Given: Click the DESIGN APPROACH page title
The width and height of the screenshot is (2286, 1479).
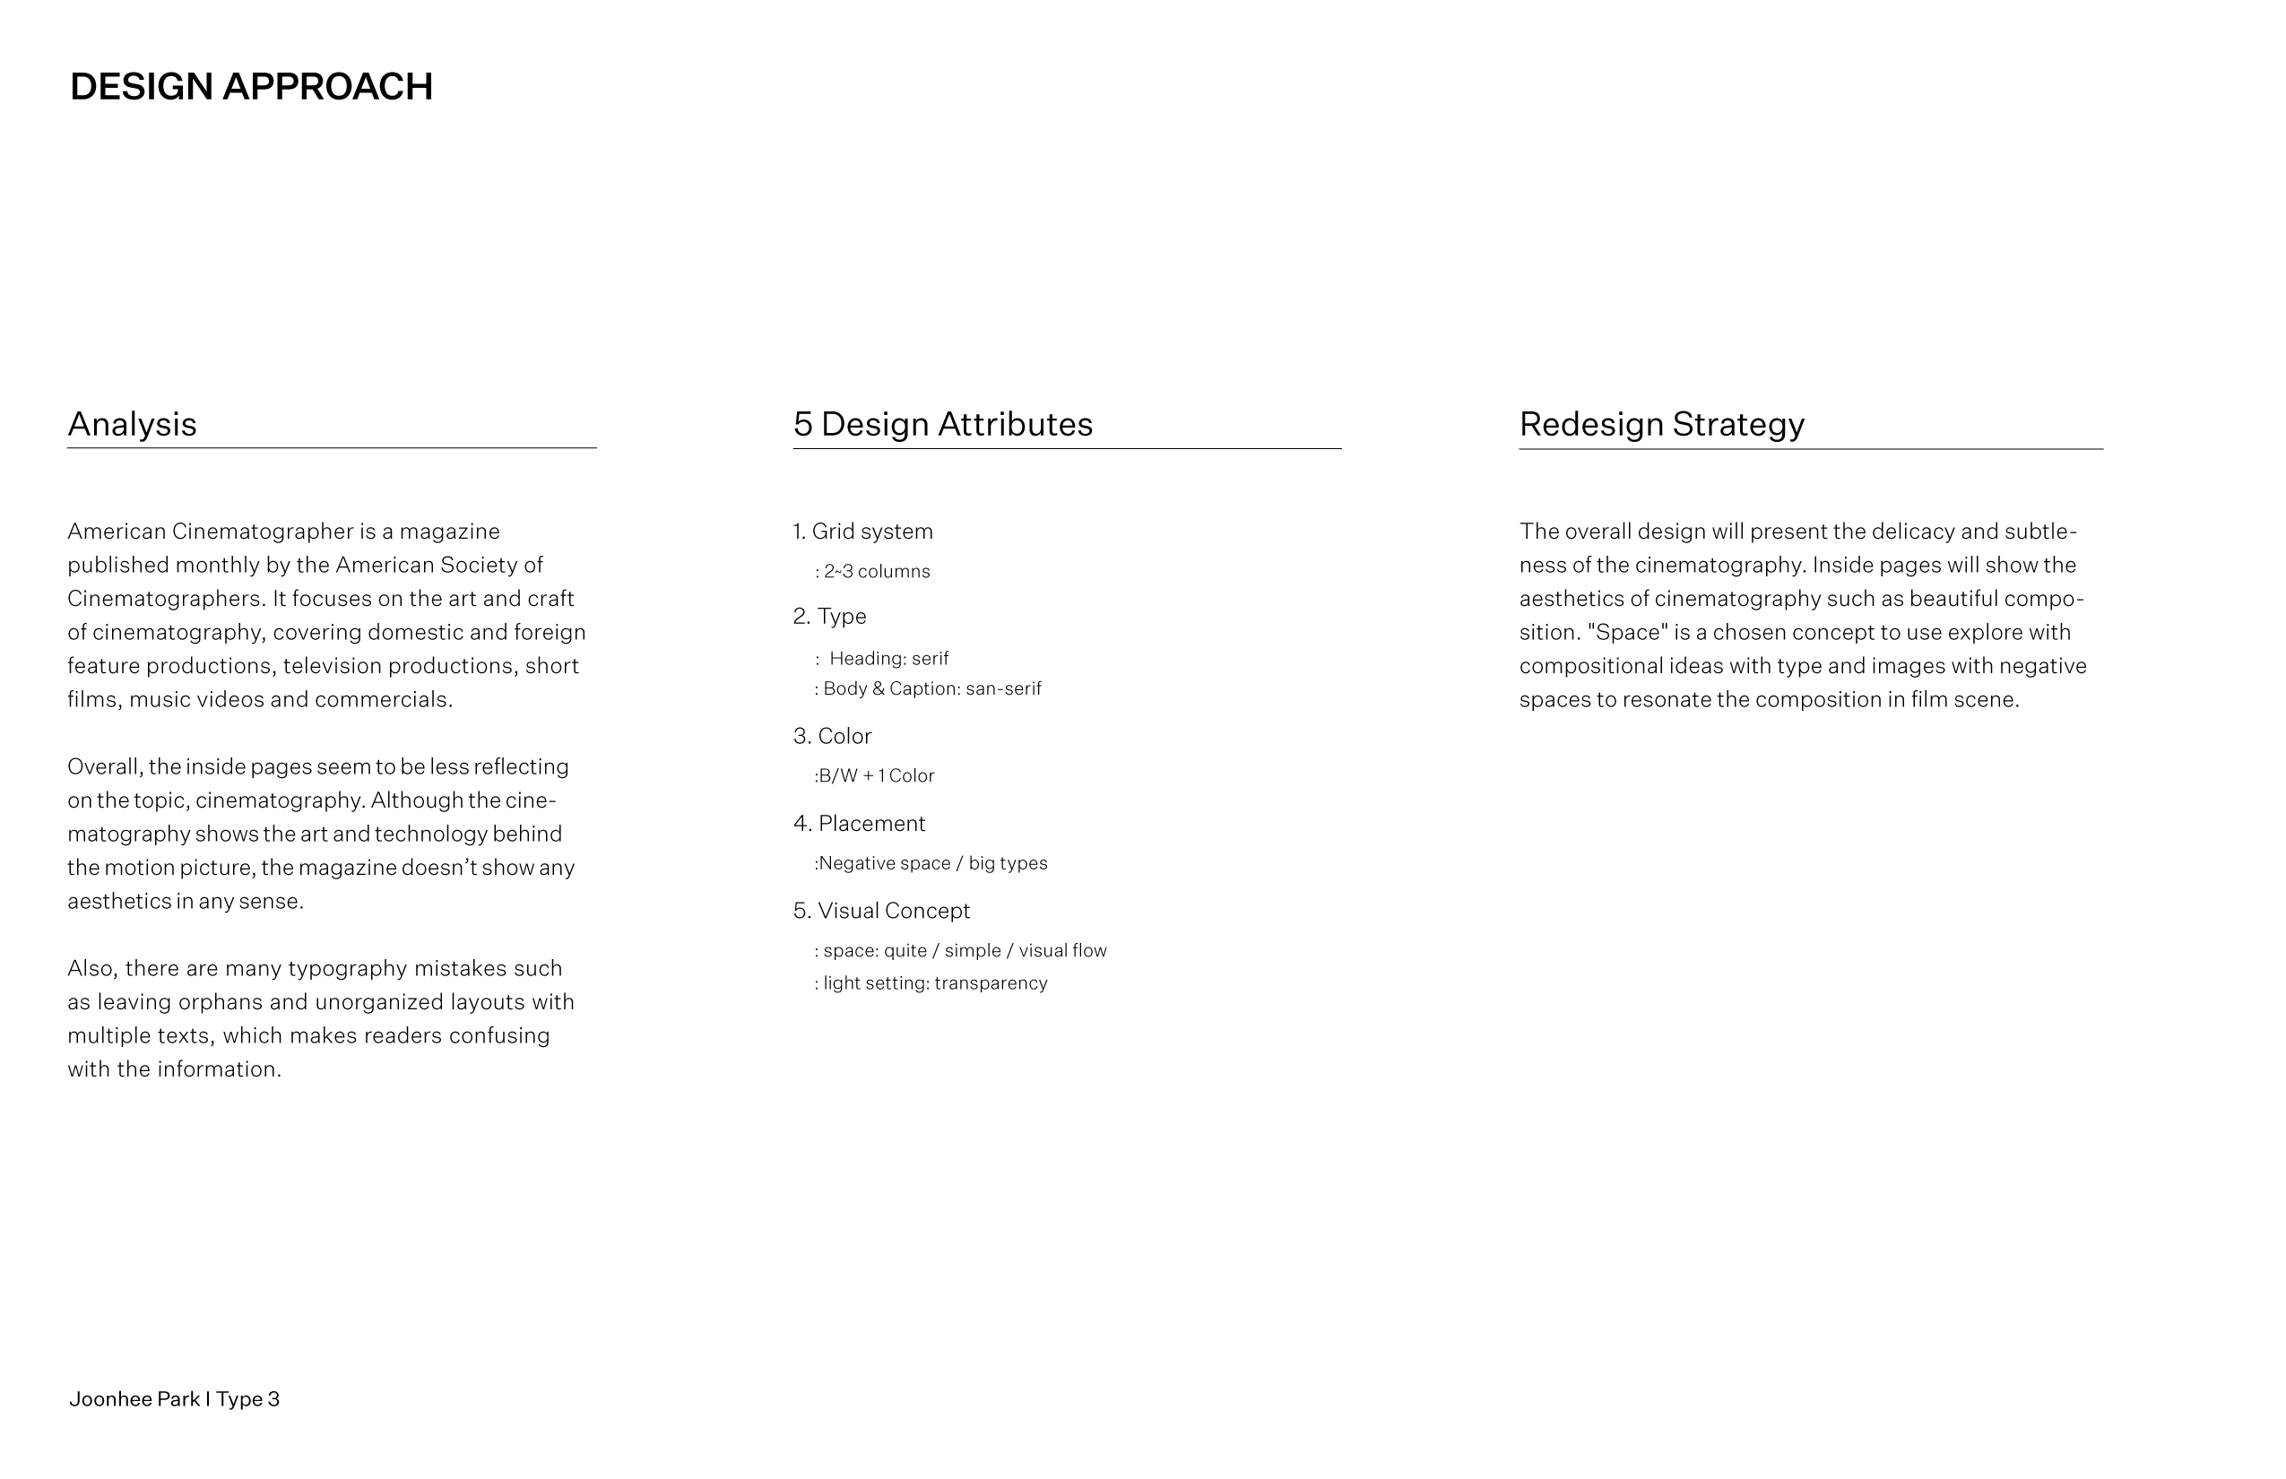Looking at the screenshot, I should pyautogui.click(x=251, y=86).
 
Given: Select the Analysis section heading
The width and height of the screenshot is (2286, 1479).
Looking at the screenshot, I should pyautogui.click(x=132, y=425).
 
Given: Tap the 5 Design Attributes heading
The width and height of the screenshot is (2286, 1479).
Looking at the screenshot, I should pyautogui.click(x=942, y=425).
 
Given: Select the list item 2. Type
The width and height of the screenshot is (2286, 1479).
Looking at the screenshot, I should pyautogui.click(x=830, y=617).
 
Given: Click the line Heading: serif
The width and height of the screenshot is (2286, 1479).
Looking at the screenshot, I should pyautogui.click(x=888, y=659).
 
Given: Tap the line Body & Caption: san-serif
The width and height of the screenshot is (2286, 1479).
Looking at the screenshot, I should pyautogui.click(x=929, y=688).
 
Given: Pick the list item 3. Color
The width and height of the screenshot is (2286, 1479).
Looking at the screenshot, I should pyautogui.click(x=832, y=737).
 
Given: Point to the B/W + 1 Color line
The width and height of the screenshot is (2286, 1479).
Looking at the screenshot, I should pyautogui.click(x=875, y=776).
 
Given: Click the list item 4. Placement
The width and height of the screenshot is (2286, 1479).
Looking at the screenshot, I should pyautogui.click(x=859, y=824).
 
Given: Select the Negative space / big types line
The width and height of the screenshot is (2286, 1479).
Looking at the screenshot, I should pyautogui.click(x=931, y=863).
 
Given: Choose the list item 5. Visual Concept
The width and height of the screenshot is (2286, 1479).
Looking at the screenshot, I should pyautogui.click(x=882, y=911).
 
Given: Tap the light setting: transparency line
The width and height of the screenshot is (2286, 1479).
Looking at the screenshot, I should pyautogui.click(x=931, y=983).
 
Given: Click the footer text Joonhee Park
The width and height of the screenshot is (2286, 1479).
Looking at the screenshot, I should pyautogui.click(x=134, y=1399).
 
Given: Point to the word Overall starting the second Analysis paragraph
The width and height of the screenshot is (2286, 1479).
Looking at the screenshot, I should pyautogui.click(x=105, y=766).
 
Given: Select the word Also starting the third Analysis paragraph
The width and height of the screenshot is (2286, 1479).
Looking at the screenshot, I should pyautogui.click(x=92, y=968).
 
